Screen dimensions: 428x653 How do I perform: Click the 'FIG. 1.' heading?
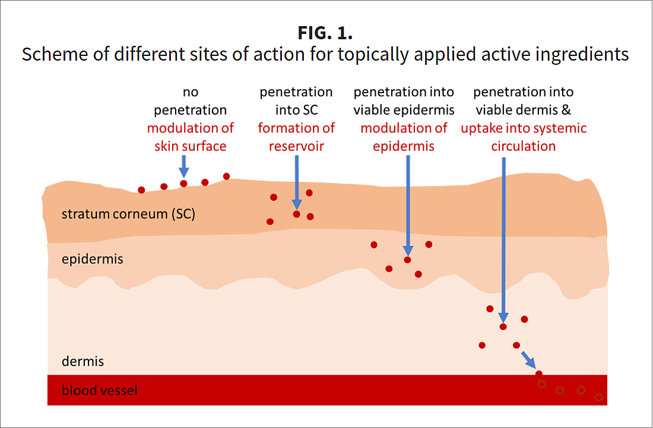point(325,31)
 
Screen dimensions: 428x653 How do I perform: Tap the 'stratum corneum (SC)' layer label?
point(128,214)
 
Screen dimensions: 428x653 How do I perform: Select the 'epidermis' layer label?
point(93,259)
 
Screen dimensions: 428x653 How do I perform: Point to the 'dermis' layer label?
point(83,361)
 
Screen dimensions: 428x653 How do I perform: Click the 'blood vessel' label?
point(100,391)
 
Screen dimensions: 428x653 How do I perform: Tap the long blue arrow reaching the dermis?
point(503,238)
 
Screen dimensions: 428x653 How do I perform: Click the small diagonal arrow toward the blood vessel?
point(528,360)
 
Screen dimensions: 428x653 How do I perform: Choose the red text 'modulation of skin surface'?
point(191,137)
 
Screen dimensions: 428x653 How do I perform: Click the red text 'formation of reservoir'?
point(296,137)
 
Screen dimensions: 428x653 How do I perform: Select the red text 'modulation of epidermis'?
point(404,137)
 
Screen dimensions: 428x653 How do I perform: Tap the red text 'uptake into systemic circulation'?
point(524,137)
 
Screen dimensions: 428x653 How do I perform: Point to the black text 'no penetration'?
point(191,101)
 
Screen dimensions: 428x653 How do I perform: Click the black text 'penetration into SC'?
point(296,101)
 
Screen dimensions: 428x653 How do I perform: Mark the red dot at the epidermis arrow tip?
point(407,260)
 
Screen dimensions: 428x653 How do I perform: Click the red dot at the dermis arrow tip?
point(503,326)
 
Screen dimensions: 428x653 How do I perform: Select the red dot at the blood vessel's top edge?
point(539,374)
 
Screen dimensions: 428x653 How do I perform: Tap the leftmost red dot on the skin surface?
point(141,190)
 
